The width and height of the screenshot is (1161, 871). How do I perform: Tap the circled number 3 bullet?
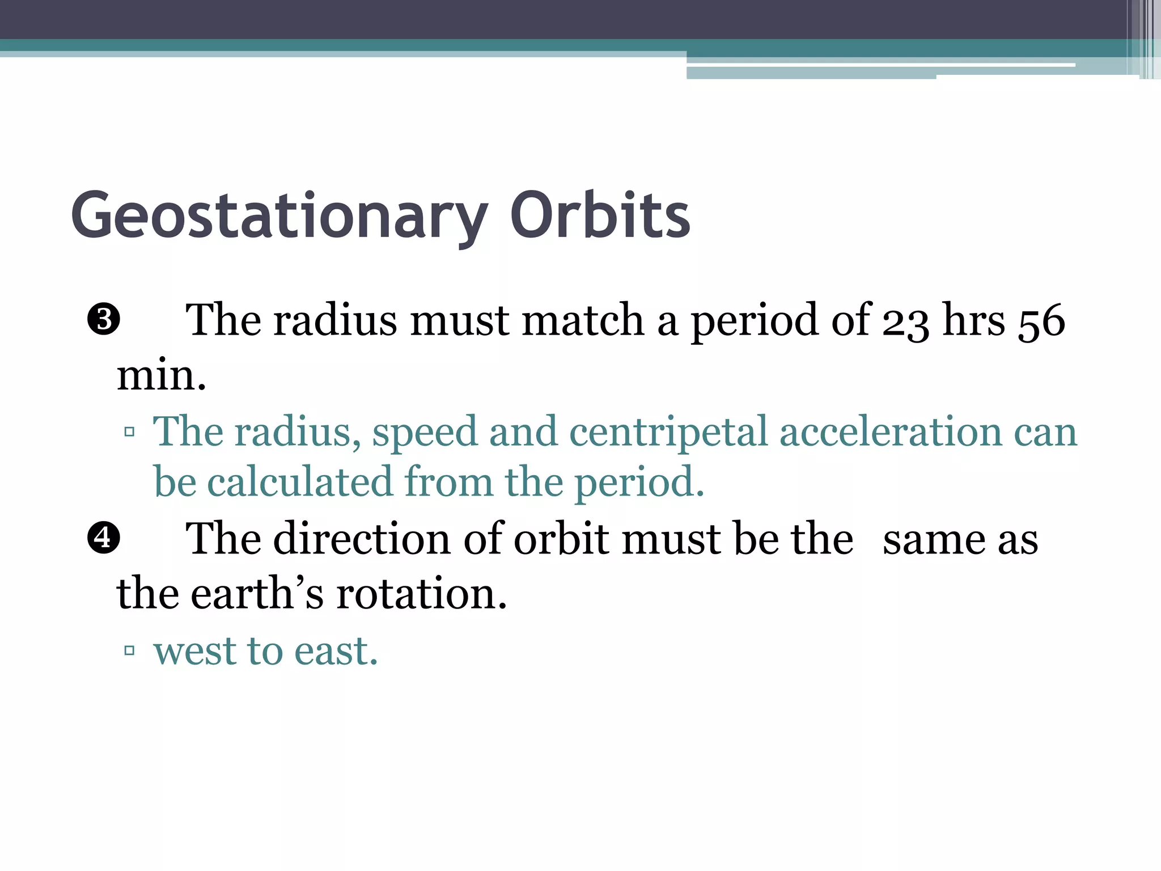(x=103, y=319)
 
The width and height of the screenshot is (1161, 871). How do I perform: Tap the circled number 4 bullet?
(x=103, y=538)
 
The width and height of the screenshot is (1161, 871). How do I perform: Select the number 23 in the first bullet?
(x=905, y=321)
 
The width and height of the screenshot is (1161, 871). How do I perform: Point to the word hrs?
(x=973, y=321)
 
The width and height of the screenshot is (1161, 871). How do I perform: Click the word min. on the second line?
(x=161, y=375)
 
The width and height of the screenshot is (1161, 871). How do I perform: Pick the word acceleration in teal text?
(x=891, y=432)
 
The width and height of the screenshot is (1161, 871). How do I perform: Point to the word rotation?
(x=421, y=593)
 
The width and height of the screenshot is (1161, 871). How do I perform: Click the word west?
(x=194, y=651)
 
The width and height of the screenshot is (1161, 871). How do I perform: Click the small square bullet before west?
(x=129, y=650)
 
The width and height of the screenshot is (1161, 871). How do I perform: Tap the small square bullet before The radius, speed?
(x=129, y=432)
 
